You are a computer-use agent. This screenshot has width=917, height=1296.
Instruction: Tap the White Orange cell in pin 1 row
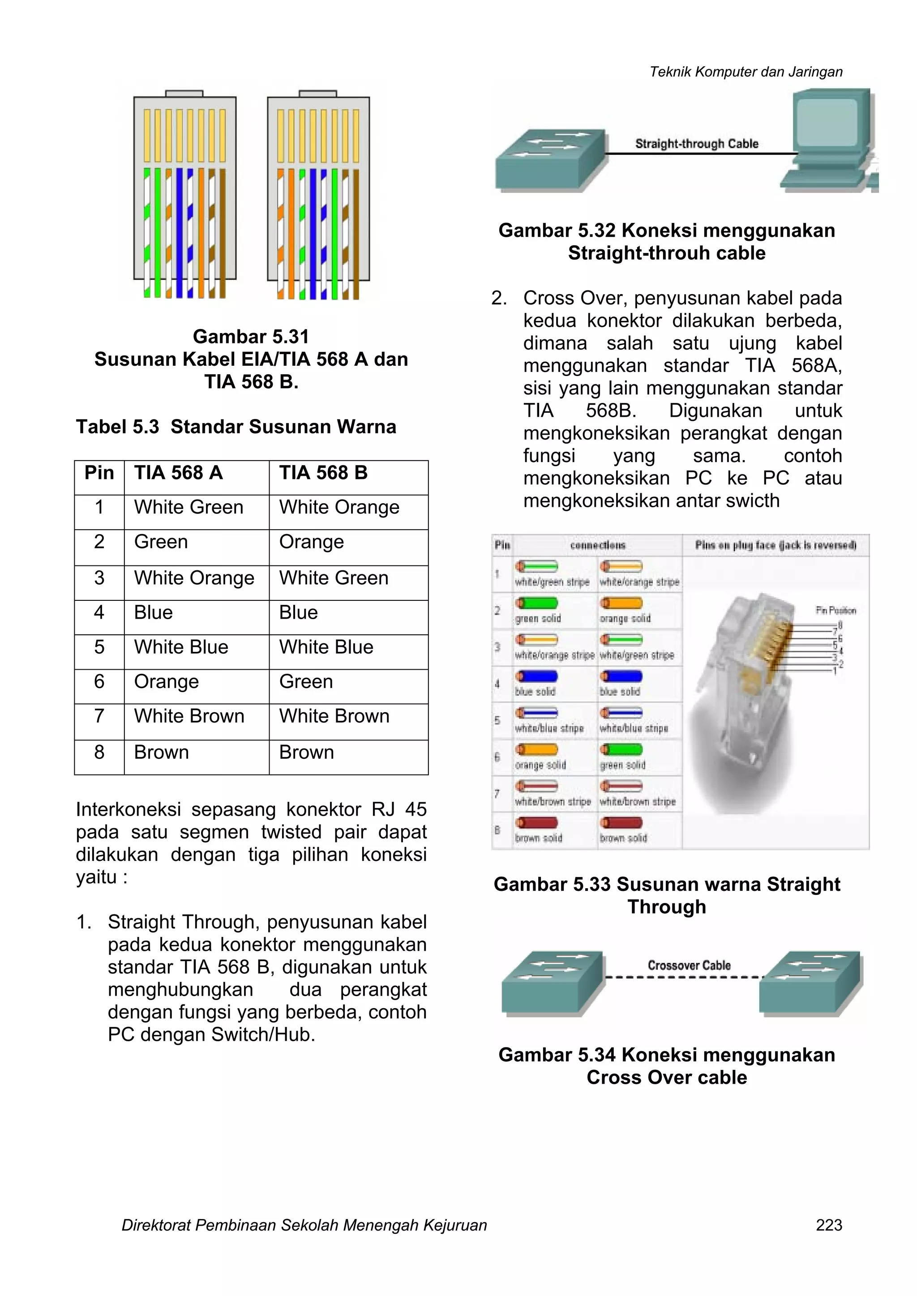click(339, 508)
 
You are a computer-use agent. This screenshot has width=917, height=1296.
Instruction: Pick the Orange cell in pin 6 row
click(167, 682)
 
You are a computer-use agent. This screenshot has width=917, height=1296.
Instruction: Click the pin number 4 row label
click(99, 613)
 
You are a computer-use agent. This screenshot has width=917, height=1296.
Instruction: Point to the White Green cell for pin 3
click(333, 578)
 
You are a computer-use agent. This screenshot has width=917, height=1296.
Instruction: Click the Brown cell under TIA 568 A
click(162, 753)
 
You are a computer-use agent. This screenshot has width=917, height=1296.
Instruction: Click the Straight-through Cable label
click(696, 144)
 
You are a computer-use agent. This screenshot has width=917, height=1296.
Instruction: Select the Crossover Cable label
click(689, 966)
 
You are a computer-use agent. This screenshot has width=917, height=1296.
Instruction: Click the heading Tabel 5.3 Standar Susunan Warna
click(236, 427)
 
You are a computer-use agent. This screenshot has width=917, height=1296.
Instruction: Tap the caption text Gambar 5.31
click(251, 337)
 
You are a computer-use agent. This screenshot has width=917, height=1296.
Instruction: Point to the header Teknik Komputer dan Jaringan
click(746, 72)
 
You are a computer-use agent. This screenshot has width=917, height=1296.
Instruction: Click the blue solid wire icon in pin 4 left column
click(536, 676)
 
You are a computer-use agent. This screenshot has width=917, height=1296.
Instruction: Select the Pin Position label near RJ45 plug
click(836, 611)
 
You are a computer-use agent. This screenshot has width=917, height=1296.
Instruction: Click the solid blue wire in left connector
click(180, 231)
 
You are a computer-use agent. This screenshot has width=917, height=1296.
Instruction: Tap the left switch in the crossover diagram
click(552, 983)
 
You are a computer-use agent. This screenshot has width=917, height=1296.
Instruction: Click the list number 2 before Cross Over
click(499, 299)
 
